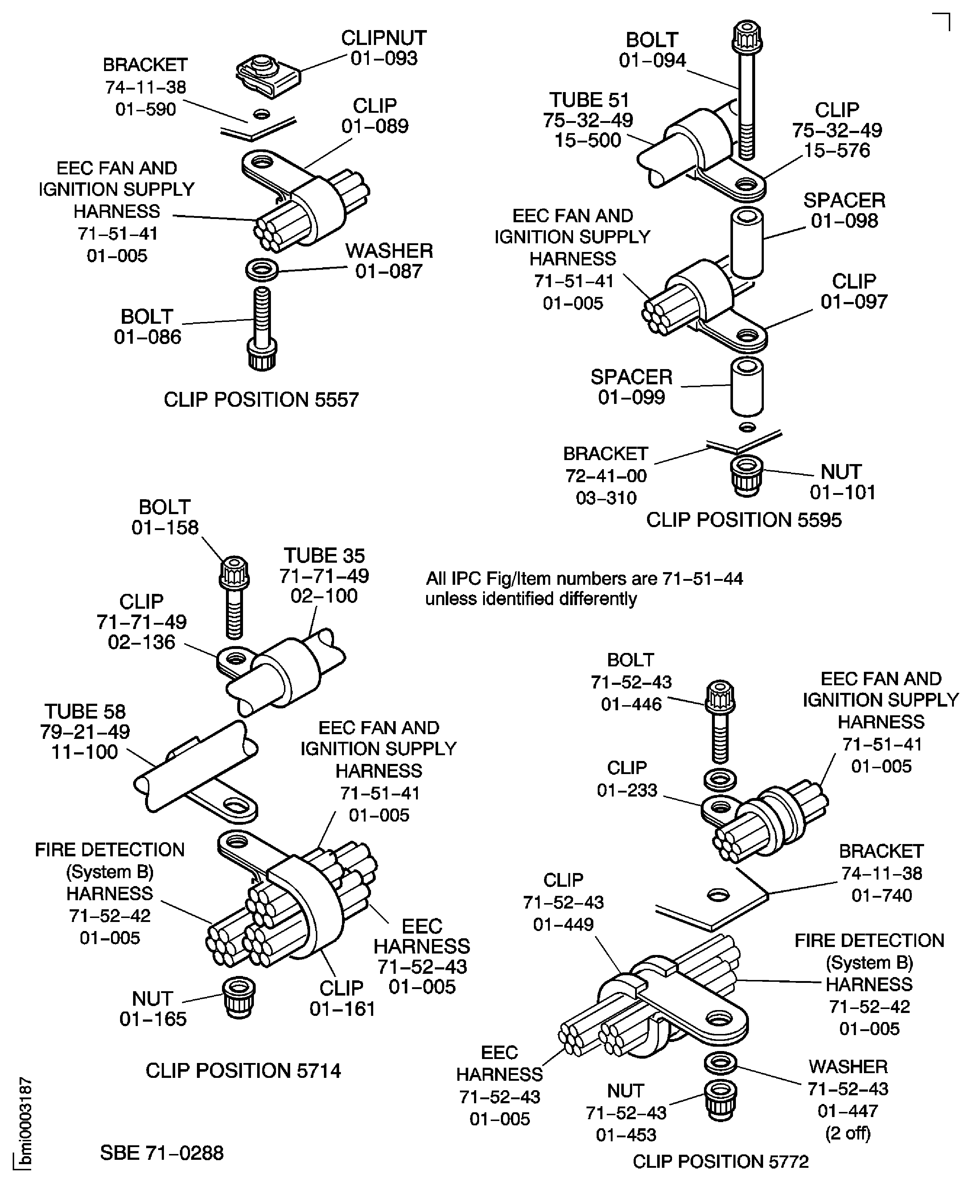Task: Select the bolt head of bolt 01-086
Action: (262, 354)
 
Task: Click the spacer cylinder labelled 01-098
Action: (747, 243)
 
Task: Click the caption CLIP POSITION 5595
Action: (744, 520)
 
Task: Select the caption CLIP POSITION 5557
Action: (261, 400)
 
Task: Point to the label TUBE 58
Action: (85, 711)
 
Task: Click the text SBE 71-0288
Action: (162, 1153)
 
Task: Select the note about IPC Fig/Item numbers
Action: (584, 588)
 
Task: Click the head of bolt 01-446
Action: (720, 697)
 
